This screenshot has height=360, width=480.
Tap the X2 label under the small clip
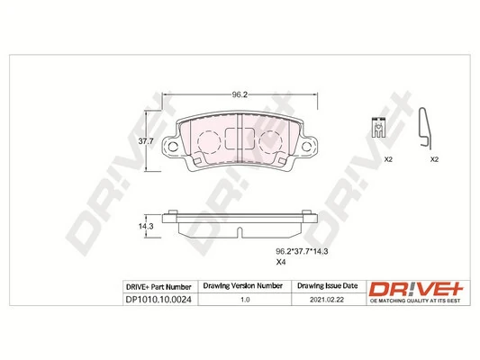click(389, 159)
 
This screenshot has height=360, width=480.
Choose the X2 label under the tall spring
click(433, 159)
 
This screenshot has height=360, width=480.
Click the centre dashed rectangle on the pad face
click(240, 139)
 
